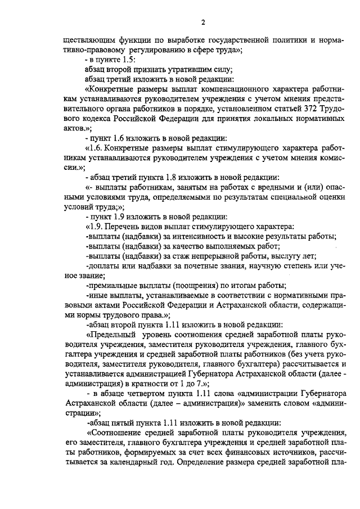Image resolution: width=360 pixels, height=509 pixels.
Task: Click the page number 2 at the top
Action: (202, 22)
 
